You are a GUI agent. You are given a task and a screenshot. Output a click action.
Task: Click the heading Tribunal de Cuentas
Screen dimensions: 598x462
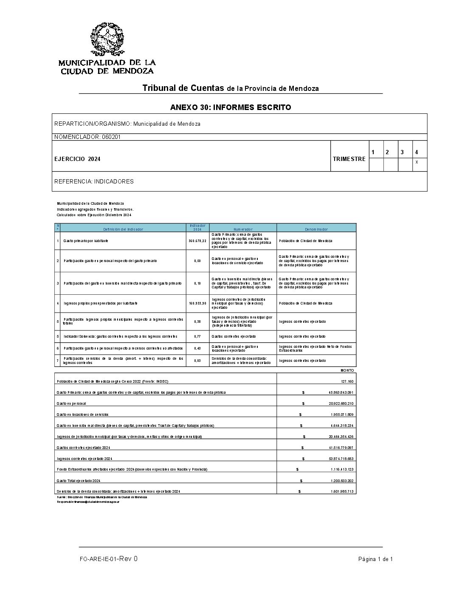pos(183,88)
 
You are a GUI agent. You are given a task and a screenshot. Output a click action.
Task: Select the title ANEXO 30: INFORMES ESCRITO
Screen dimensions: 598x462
pos(231,107)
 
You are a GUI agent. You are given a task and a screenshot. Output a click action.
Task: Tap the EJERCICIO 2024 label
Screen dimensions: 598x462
pos(78,159)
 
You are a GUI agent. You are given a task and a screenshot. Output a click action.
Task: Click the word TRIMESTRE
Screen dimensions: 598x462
pos(349,159)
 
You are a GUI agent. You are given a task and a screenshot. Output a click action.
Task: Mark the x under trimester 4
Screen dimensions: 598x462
pos(417,162)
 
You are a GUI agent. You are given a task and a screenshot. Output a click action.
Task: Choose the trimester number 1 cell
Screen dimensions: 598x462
pos(373,152)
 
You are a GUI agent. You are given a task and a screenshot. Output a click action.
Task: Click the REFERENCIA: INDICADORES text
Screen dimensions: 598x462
pos(94,181)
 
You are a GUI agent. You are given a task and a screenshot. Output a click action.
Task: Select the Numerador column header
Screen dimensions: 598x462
pos(242,229)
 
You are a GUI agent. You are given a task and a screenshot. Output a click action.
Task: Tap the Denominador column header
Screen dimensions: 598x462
pos(316,229)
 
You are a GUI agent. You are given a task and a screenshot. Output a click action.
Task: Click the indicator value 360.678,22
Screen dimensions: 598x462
pos(197,241)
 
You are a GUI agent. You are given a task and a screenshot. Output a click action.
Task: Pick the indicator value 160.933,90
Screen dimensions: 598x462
pos(197,303)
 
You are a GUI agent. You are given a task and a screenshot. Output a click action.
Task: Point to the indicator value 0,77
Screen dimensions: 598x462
pos(198,336)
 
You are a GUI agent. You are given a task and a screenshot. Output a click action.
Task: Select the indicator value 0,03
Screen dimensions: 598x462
pos(198,361)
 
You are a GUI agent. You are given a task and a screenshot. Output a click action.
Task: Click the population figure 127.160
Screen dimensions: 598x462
pos(347,381)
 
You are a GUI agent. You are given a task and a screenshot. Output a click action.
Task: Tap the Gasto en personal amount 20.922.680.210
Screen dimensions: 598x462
pos(338,403)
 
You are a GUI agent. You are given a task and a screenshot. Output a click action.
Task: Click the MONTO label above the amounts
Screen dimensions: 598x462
pos(347,370)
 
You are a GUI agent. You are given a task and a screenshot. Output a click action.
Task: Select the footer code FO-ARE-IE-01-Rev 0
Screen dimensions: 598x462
pos(108,559)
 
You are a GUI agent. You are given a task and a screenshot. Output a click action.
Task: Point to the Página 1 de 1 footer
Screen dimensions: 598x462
pos(375,559)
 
